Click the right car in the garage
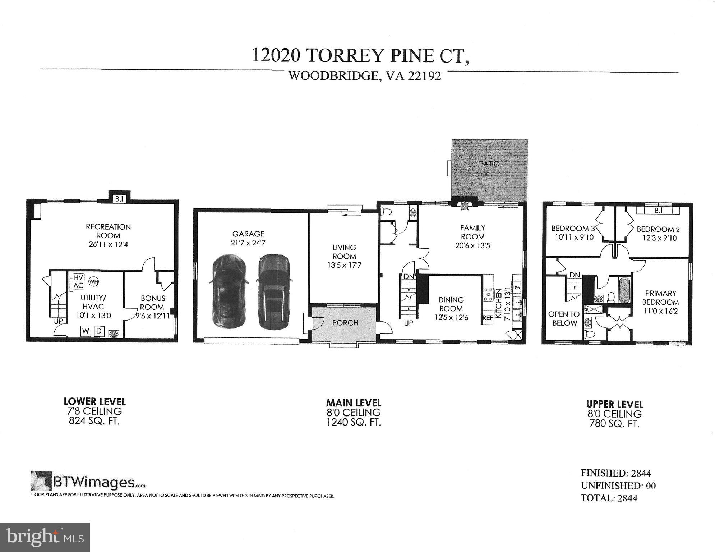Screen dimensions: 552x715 point(273,291)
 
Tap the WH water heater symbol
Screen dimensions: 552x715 point(94,281)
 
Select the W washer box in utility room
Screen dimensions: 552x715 point(86,331)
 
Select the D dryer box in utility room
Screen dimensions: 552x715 point(100,331)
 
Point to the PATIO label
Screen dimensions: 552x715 point(489,164)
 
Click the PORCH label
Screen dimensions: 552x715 point(345,323)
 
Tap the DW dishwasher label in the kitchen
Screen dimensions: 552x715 point(516,287)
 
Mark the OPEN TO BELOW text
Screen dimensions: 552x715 point(564,318)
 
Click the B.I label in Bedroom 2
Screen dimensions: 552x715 point(658,211)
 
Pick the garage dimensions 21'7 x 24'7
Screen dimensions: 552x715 point(248,243)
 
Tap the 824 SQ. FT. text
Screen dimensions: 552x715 point(94,421)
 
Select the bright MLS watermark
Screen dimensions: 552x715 point(45,537)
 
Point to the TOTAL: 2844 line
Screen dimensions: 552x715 point(609,498)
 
